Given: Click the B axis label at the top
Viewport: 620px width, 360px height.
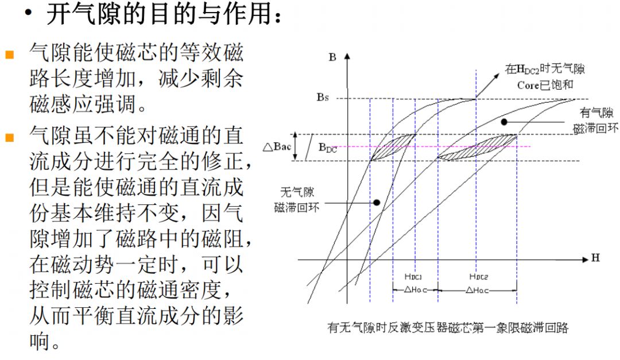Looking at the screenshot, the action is [x=332, y=57].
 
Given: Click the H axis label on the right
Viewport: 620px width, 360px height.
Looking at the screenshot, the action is [x=595, y=258].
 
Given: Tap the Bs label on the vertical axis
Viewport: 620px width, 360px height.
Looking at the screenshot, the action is [x=323, y=97].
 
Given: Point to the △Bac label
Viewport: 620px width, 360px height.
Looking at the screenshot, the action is [x=277, y=147].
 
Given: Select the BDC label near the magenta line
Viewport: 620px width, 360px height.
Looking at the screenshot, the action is [x=328, y=148].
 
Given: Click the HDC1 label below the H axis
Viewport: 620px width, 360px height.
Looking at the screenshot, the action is [x=413, y=277].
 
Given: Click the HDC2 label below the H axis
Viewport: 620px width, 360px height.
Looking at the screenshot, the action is [x=478, y=277].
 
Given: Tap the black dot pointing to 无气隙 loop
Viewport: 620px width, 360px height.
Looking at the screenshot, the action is [x=377, y=203].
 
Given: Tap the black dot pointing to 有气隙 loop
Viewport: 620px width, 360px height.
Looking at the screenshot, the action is [x=504, y=122].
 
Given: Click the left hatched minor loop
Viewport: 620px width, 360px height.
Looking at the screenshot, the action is [x=393, y=147].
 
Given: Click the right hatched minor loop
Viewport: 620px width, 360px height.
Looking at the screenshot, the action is [x=478, y=148].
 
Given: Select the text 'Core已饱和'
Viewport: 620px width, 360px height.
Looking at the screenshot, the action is [x=545, y=85].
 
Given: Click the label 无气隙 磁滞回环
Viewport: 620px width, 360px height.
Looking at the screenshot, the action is [x=297, y=200].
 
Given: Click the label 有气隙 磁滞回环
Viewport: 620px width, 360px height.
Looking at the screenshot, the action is [x=596, y=121].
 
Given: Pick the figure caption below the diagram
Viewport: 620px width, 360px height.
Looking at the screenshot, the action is [x=448, y=328].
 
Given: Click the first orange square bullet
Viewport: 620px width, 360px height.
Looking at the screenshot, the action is [x=10, y=54].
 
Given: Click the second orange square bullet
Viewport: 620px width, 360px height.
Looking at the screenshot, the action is [x=10, y=137].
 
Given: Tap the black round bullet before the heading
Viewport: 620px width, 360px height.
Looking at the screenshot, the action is [x=28, y=13].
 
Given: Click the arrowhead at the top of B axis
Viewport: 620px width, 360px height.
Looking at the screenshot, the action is [x=347, y=56].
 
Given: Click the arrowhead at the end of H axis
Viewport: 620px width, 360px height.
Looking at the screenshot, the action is [x=586, y=260].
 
